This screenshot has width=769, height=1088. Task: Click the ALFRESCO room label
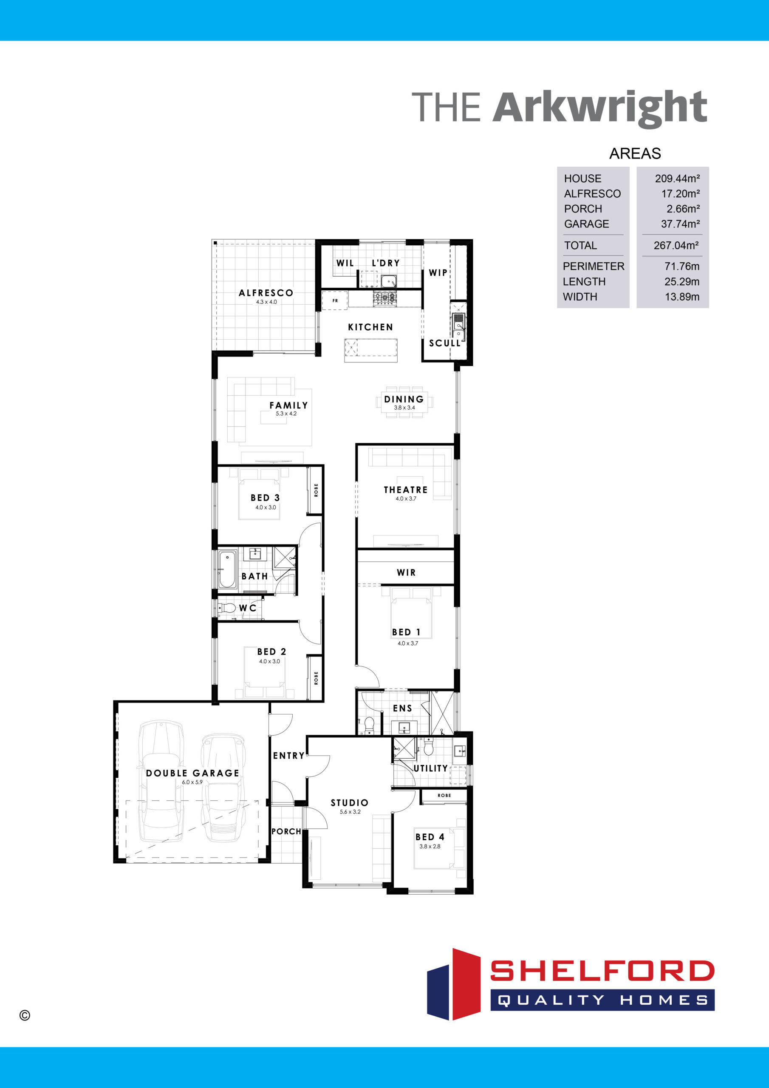pyautogui.click(x=266, y=293)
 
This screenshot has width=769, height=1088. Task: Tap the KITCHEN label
pyautogui.click(x=370, y=327)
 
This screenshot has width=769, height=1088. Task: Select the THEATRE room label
pyautogui.click(x=406, y=490)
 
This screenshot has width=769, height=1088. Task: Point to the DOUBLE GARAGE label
pyautogui.click(x=192, y=773)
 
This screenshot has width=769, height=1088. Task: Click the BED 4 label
pyautogui.click(x=430, y=837)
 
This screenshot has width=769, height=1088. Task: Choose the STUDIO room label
pyautogui.click(x=350, y=803)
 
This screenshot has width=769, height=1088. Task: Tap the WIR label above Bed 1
pyautogui.click(x=406, y=572)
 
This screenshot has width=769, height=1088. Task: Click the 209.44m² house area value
pyautogui.click(x=677, y=178)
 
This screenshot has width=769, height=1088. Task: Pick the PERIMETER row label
pyautogui.click(x=593, y=266)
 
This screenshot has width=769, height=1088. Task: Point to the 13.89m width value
pyautogui.click(x=682, y=297)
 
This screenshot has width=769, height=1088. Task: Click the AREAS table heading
pyautogui.click(x=635, y=153)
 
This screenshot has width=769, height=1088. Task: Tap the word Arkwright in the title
pyautogui.click(x=600, y=108)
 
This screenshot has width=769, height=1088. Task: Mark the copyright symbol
pyautogui.click(x=25, y=1015)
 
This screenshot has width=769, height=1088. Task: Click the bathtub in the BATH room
pyautogui.click(x=227, y=569)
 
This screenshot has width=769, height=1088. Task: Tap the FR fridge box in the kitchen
pyautogui.click(x=335, y=300)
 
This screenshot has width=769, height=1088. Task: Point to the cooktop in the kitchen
pyautogui.click(x=385, y=298)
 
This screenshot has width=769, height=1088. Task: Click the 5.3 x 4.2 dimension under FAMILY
pyautogui.click(x=286, y=414)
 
